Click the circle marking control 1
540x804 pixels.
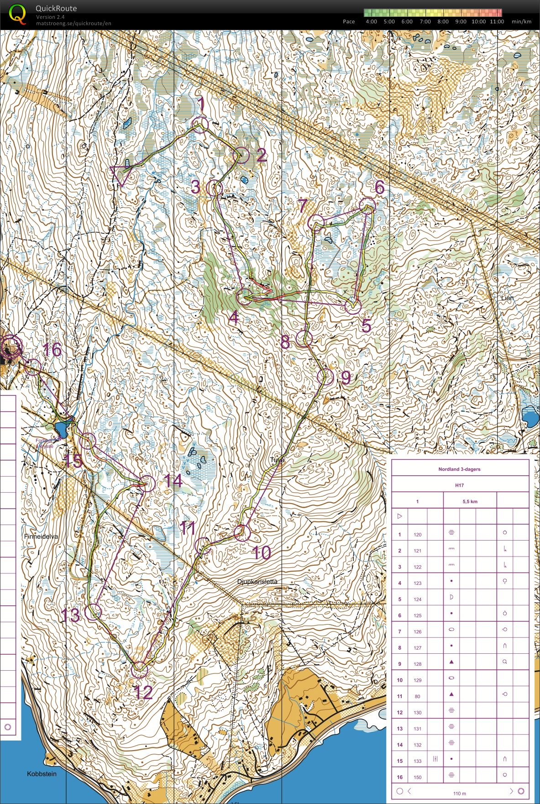(x=199, y=125)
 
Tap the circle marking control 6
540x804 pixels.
(x=367, y=205)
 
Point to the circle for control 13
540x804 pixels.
(x=93, y=611)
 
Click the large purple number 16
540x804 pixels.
(x=52, y=350)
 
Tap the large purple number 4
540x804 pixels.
(x=234, y=317)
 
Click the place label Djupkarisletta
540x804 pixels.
(x=257, y=582)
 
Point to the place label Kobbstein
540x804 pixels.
(x=42, y=774)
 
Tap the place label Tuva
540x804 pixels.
(x=277, y=460)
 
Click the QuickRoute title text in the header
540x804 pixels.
(x=57, y=8)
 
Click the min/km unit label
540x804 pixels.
(x=521, y=21)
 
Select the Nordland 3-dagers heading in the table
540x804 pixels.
(x=459, y=469)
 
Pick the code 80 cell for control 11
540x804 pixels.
(x=418, y=696)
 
